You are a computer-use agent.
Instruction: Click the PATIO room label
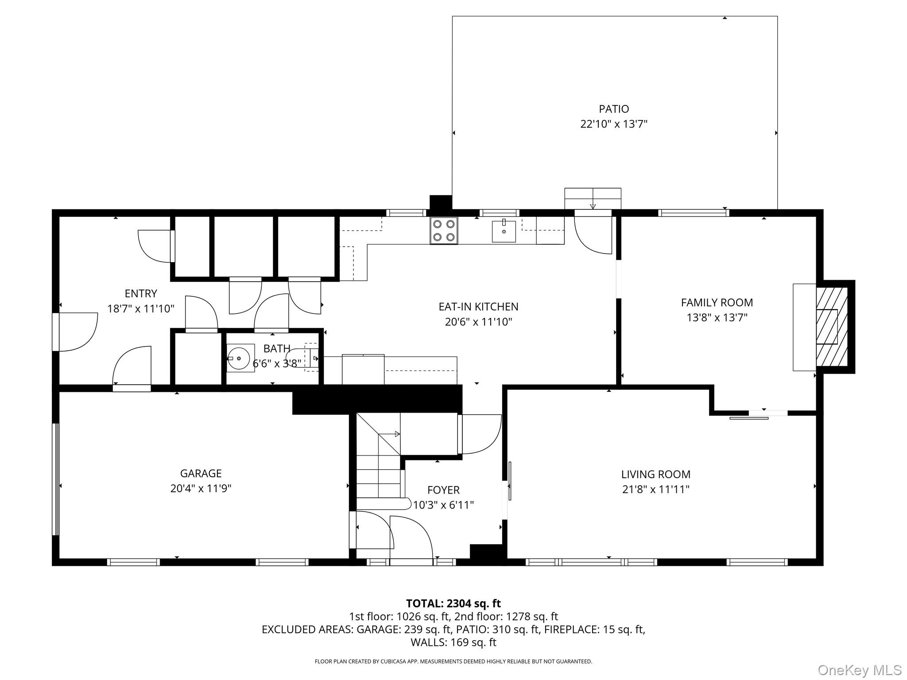[614, 109]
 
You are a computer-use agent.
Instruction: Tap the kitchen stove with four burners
[444, 230]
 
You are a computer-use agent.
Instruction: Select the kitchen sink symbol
[504, 232]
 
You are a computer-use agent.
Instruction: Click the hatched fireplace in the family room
[831, 327]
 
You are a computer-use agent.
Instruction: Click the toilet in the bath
[301, 357]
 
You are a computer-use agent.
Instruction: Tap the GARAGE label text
[201, 473]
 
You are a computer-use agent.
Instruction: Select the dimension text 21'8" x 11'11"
[655, 489]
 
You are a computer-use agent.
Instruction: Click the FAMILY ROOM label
[717, 302]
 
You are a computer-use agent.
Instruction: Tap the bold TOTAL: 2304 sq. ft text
[453, 603]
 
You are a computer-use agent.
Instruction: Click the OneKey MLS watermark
[859, 670]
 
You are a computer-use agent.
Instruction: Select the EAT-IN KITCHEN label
[478, 306]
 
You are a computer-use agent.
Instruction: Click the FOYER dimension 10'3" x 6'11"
[443, 505]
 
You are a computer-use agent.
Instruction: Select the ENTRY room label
[141, 294]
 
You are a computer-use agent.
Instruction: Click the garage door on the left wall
[56, 479]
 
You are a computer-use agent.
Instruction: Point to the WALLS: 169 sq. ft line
[453, 642]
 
